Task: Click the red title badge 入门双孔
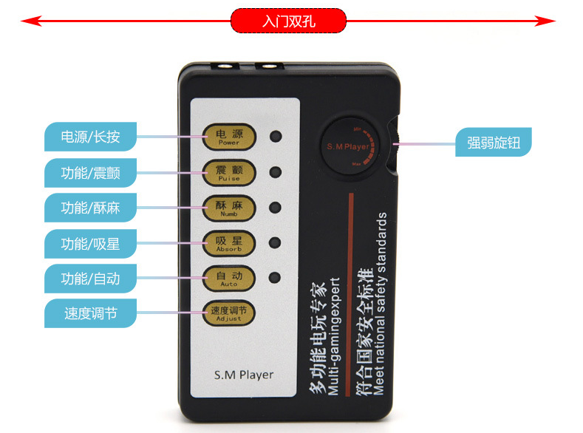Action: (288, 21)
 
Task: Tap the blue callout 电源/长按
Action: (89, 137)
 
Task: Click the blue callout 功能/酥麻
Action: (89, 208)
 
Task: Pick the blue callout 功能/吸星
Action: (89, 242)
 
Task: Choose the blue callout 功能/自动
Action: (89, 279)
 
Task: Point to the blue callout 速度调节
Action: (89, 313)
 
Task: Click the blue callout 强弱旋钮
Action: (493, 142)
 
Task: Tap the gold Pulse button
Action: (228, 172)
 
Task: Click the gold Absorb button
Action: (228, 243)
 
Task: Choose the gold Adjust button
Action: (228, 313)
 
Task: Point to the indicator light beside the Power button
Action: (276, 137)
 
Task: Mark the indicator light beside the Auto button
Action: (276, 279)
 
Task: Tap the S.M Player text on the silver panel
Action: (242, 375)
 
